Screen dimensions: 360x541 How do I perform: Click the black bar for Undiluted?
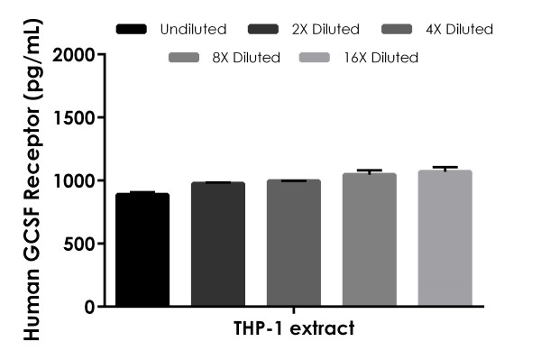pyautogui.click(x=142, y=250)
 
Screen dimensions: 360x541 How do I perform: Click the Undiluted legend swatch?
pyautogui.click(x=133, y=30)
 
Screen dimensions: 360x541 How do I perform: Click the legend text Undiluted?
pyautogui.click(x=192, y=30)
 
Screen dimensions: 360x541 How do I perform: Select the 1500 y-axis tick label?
pyautogui.click(x=74, y=117)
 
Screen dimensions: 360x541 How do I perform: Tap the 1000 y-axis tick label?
pyautogui.click(x=74, y=180)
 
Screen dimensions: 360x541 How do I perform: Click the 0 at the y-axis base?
pyautogui.click(x=87, y=307)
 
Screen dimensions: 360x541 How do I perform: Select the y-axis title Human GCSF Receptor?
pyautogui.click(x=29, y=180)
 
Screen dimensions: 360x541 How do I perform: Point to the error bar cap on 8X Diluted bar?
pyautogui.click(x=370, y=170)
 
